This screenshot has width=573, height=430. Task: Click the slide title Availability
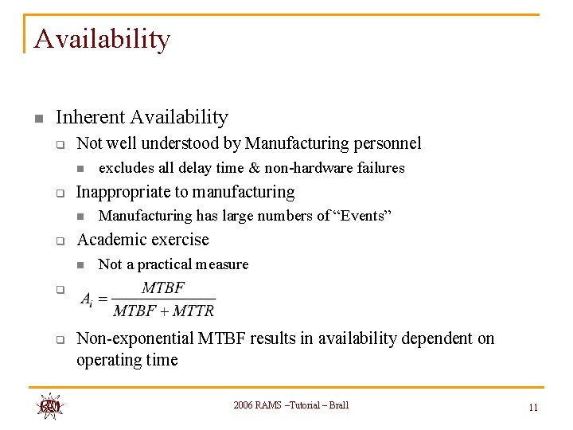point(102,39)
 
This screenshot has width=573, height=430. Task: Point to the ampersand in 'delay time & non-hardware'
point(255,168)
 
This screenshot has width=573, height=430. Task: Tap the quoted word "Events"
point(364,216)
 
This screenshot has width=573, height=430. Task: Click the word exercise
point(179,240)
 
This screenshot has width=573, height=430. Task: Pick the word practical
point(167,264)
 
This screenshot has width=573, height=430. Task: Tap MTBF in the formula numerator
point(163,287)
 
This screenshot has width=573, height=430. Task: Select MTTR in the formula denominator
point(193,311)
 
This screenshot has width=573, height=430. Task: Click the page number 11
point(533,408)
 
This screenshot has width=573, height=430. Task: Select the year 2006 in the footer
point(244,405)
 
